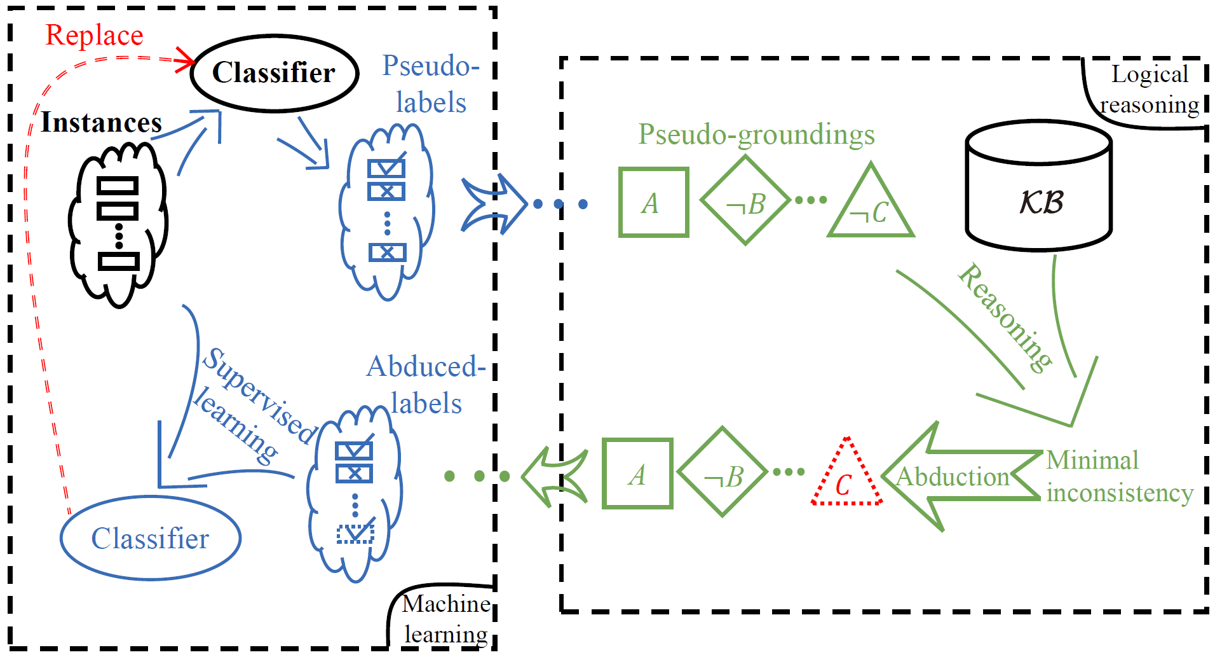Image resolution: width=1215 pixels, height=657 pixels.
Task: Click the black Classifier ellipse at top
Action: (275, 73)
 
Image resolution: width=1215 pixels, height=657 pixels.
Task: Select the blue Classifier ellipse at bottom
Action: (150, 539)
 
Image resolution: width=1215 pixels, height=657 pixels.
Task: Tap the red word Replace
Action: (94, 35)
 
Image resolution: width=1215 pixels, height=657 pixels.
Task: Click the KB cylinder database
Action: (1038, 188)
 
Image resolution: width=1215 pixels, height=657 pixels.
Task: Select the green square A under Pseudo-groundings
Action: (653, 203)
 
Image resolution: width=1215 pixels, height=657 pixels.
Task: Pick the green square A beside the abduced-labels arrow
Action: (637, 474)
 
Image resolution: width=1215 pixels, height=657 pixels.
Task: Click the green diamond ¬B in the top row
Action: (745, 201)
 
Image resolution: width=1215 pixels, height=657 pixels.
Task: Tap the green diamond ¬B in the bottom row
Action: (723, 473)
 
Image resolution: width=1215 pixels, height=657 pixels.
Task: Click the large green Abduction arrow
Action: (953, 476)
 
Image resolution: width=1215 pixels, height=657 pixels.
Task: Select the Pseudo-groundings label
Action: (756, 134)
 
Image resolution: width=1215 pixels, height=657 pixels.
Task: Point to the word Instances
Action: (101, 122)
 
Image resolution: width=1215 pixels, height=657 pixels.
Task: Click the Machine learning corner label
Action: (445, 618)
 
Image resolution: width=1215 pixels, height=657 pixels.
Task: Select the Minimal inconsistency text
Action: (1118, 476)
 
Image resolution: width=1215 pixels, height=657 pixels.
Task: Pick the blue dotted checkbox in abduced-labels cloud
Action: (355, 533)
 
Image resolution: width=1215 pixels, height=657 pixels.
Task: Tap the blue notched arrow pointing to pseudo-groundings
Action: (492, 204)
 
